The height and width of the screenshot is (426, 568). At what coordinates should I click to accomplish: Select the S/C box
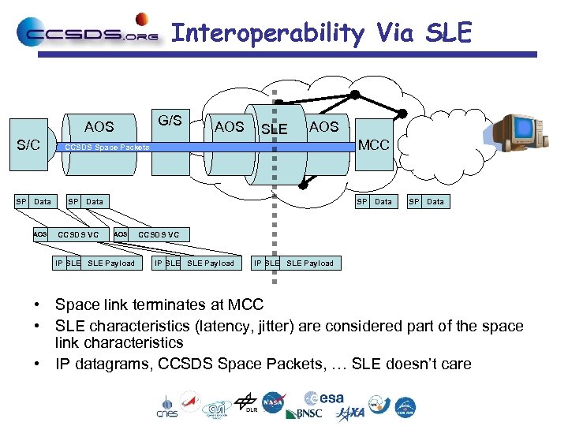pos(29,145)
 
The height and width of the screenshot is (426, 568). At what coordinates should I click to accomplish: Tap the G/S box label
pos(170,121)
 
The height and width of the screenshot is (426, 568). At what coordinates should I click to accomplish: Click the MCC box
pos(373,145)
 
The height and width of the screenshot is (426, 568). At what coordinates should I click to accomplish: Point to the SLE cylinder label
pos(274,129)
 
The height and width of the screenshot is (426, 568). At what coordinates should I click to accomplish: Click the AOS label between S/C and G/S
pos(99,126)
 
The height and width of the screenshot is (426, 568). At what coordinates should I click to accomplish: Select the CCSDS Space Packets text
pos(106,148)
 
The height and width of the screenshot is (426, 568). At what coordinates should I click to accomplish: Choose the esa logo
pos(323,398)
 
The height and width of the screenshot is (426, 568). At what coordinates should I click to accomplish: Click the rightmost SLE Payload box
pos(309,263)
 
